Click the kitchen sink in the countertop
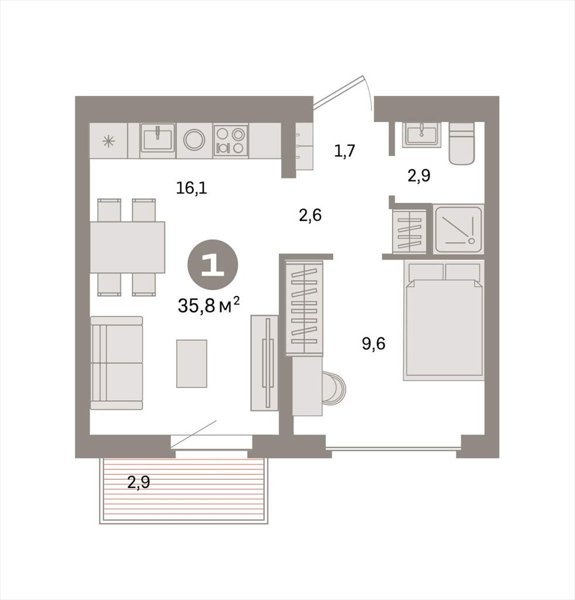[x=158, y=137]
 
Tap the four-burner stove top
[x=231, y=141]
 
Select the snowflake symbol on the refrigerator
[x=108, y=142]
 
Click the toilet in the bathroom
[x=461, y=144]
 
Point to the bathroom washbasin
[x=422, y=135]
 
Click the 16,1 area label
[x=191, y=188]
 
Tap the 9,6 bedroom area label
[x=374, y=343]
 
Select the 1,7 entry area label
[x=345, y=151]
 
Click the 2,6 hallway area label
[x=310, y=216]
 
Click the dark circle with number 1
[x=213, y=265]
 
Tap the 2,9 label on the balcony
[x=138, y=482]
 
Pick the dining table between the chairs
[x=128, y=247]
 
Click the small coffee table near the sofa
[x=191, y=363]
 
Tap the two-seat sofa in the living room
[x=117, y=363]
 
